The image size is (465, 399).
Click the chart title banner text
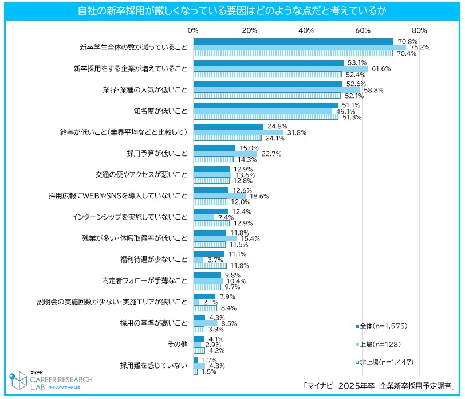(x=232, y=11)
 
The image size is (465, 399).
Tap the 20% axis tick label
(x=249, y=30)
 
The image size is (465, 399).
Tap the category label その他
(x=177, y=344)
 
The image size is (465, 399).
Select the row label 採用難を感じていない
(x=153, y=365)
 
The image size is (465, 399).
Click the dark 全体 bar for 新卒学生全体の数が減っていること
(x=293, y=41)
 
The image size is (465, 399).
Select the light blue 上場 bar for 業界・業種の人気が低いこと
(x=276, y=90)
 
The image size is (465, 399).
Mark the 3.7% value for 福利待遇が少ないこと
(x=215, y=259)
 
